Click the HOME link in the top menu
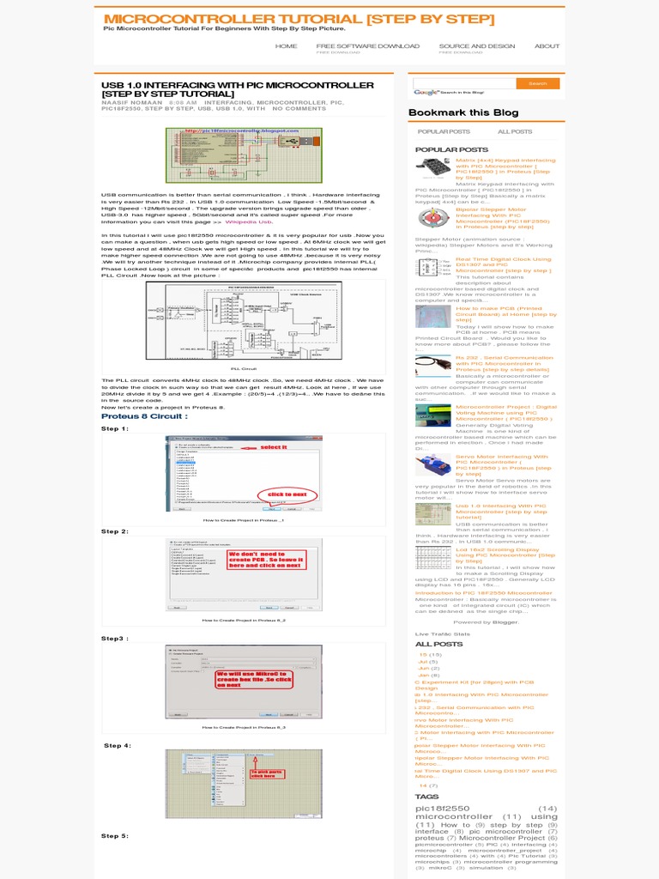(286, 46)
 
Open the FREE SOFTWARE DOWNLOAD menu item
(367, 46)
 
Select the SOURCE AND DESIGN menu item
(476, 46)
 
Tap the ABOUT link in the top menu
(547, 46)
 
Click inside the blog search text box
(464, 83)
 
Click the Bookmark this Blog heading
(463, 112)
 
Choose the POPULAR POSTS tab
(444, 132)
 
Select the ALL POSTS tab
(515, 132)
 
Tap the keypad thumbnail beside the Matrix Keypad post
(433, 167)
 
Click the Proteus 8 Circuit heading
(144, 415)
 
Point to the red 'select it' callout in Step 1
(272, 447)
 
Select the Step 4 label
(117, 746)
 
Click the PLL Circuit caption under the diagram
(245, 367)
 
